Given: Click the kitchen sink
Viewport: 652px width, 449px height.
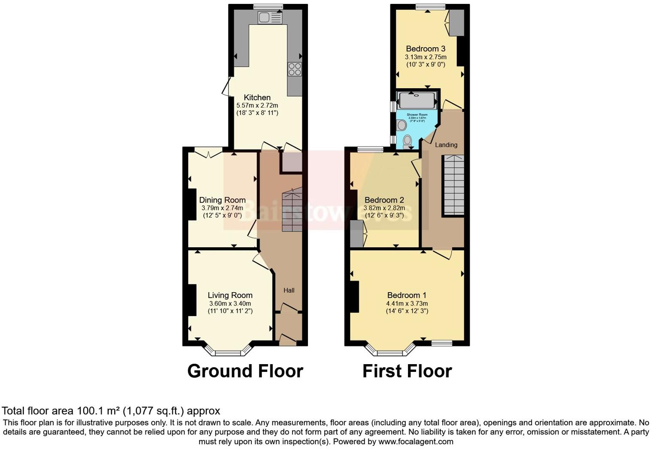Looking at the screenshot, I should [270, 18].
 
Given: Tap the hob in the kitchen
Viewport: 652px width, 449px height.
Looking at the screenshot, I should [295, 69].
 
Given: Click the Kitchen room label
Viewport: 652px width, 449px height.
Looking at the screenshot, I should [257, 97].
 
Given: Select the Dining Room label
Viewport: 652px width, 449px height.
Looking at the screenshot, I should [222, 200].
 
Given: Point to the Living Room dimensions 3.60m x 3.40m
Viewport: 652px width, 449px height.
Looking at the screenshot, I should [230, 303].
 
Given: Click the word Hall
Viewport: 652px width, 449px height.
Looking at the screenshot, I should [289, 290].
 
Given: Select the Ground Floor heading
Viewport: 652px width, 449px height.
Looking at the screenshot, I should [245, 371].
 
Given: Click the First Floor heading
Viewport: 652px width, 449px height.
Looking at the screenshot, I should [407, 371].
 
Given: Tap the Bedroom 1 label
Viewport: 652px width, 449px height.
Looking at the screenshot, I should [407, 295].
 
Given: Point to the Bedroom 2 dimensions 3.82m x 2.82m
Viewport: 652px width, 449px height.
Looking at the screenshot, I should [384, 208].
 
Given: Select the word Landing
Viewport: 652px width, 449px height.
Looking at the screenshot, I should [446, 145].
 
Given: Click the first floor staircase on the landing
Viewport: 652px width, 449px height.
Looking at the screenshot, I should [453, 185].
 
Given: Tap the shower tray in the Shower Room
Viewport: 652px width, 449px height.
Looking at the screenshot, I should [416, 100].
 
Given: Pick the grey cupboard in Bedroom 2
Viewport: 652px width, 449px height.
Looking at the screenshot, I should [356, 234].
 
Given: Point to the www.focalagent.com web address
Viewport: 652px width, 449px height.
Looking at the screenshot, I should [416, 441].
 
